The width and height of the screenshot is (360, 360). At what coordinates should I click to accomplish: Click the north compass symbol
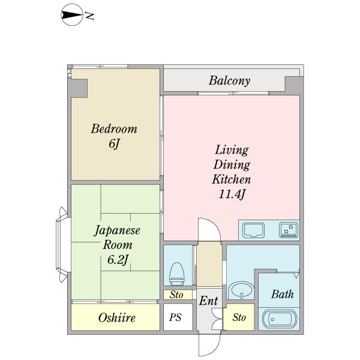tap(72, 15)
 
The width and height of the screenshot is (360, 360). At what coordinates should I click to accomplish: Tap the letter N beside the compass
tap(89, 16)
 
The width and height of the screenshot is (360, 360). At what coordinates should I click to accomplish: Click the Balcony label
tap(229, 80)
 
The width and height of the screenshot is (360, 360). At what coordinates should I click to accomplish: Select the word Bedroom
tap(114, 129)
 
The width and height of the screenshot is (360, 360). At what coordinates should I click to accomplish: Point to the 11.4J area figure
tap(232, 194)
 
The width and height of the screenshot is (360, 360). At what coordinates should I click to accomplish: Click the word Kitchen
tap(232, 179)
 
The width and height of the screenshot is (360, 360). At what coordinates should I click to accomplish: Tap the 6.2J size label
tap(118, 260)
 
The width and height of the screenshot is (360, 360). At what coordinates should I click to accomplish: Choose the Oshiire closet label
tap(117, 318)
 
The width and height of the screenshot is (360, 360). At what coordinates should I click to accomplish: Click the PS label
tap(175, 317)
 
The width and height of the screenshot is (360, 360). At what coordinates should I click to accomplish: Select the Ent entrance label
tap(208, 301)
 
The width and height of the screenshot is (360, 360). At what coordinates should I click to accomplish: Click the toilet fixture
tap(176, 273)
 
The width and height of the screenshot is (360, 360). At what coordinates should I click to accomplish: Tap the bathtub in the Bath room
tap(280, 319)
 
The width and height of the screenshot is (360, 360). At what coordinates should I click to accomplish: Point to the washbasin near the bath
tap(241, 290)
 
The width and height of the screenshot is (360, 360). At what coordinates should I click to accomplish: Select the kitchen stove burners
tap(289, 230)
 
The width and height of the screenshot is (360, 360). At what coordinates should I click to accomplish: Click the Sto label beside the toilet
tap(176, 295)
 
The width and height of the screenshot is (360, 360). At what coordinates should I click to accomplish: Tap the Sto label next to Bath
tap(239, 317)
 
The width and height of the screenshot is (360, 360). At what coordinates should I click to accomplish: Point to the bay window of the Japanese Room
tap(62, 245)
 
